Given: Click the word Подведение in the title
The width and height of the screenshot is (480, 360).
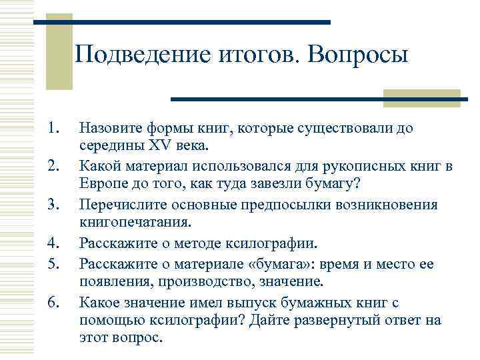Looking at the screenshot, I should (141, 55).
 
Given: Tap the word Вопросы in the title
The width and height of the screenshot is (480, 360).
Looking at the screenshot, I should (356, 55).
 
